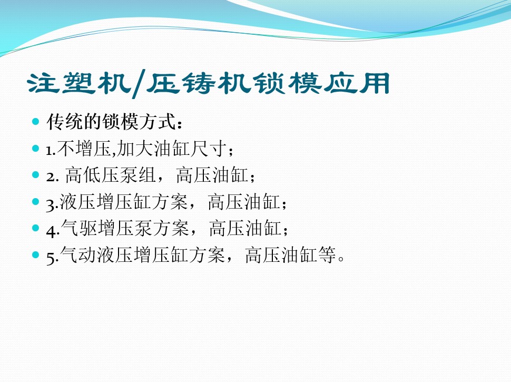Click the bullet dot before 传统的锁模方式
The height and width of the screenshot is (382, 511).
pos(36,122)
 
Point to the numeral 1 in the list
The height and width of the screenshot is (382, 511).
pos(50,150)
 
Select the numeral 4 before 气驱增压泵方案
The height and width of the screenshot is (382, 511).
pos(51,230)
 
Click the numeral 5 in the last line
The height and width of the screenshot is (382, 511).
pos(51,257)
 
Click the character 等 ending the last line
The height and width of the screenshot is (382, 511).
pos(326,257)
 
